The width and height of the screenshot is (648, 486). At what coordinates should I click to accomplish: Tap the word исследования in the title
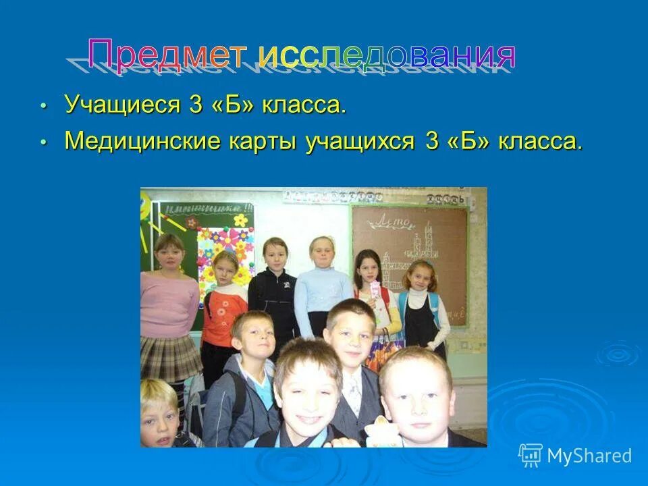(387, 55)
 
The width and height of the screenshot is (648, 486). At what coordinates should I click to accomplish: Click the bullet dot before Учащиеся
(44, 107)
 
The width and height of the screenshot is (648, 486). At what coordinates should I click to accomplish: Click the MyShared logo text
(589, 456)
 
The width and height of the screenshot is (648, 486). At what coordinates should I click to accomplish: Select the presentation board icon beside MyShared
(531, 456)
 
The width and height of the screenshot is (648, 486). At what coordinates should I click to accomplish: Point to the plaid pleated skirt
(170, 357)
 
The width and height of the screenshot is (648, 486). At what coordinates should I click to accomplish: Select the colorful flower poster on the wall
(226, 250)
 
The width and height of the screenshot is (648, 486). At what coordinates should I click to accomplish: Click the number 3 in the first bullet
(192, 105)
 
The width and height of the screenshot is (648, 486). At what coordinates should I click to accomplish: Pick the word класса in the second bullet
(539, 142)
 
